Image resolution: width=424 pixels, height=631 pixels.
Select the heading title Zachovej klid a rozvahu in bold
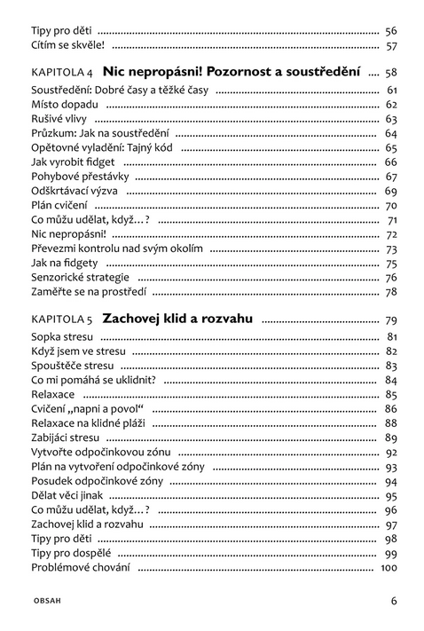(177, 318)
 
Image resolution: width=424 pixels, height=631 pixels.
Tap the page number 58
(390, 72)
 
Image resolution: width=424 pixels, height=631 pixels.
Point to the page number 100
(389, 567)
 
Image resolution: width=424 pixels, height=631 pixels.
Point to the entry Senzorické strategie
(80, 278)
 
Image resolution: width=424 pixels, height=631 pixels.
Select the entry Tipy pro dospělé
(70, 553)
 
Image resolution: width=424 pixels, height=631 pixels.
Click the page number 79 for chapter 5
(390, 319)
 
